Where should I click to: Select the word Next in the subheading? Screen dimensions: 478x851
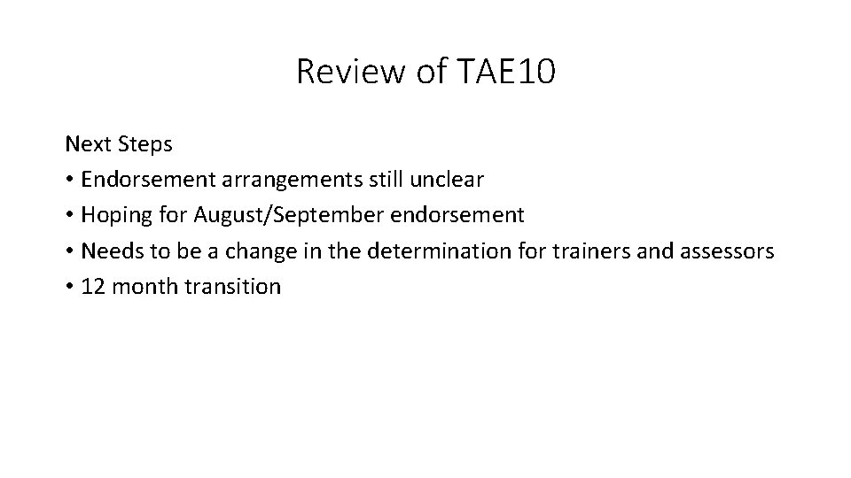click(85, 143)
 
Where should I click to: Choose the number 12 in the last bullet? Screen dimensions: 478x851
click(92, 287)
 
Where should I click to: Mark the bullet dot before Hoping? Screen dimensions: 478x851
click(69, 216)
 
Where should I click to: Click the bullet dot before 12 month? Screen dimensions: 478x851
click(69, 288)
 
